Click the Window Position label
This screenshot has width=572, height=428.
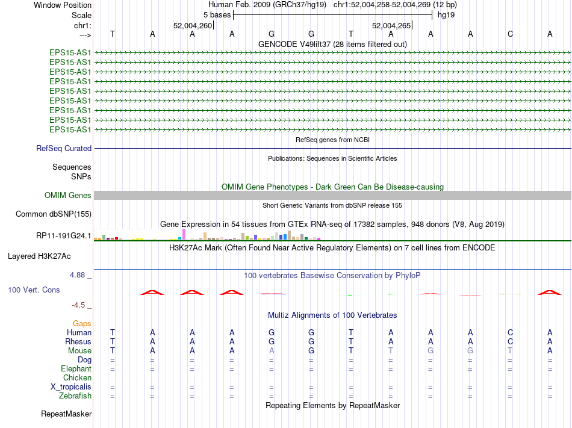[63, 5]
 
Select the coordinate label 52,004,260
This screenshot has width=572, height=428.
[193, 26]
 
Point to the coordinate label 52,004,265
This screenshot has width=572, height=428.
[391, 26]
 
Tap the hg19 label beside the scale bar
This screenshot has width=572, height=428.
[446, 14]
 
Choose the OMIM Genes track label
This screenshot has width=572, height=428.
[68, 195]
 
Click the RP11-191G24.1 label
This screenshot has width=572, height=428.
[64, 235]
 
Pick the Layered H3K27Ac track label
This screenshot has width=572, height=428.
[40, 256]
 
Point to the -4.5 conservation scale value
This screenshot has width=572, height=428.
[80, 305]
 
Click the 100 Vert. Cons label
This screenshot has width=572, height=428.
[34, 290]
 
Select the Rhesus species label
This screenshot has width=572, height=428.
[78, 341]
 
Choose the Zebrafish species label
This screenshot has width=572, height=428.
[75, 395]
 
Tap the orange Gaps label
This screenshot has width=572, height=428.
[82, 323]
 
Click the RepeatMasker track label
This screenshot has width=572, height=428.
[66, 414]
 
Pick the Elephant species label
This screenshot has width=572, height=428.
[76, 368]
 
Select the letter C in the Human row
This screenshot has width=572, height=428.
[510, 332]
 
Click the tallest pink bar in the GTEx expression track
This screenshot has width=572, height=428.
[184, 234]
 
